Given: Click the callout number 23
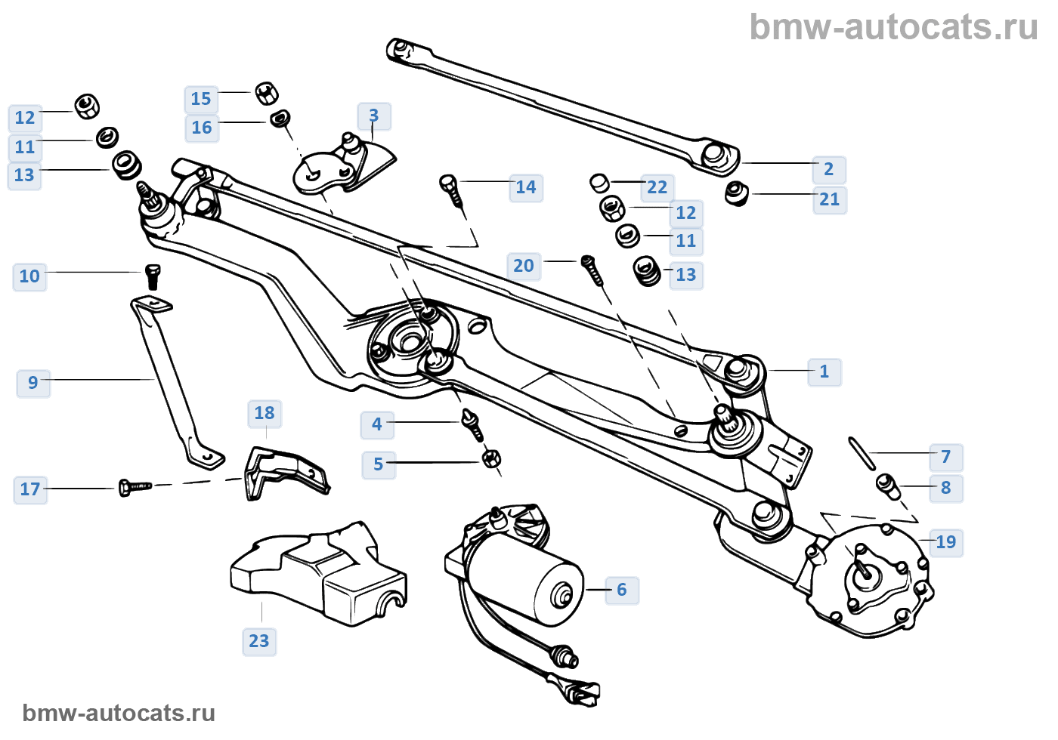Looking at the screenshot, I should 259,641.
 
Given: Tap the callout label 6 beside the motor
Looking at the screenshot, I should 622,590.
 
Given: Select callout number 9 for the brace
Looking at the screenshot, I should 33,383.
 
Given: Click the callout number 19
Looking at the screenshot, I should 946,542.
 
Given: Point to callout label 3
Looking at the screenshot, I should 374,116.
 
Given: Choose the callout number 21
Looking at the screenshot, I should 830,199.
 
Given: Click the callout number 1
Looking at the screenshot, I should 824,372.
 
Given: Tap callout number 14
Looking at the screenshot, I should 526,187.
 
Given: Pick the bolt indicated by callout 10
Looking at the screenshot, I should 153,276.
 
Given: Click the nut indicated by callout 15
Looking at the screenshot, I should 266,93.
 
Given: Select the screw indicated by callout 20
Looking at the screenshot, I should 593,270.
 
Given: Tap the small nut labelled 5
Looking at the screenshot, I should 491,458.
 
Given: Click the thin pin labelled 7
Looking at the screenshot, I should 862,452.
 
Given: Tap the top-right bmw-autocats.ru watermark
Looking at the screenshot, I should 893,27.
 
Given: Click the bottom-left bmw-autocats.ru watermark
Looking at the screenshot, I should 119,713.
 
